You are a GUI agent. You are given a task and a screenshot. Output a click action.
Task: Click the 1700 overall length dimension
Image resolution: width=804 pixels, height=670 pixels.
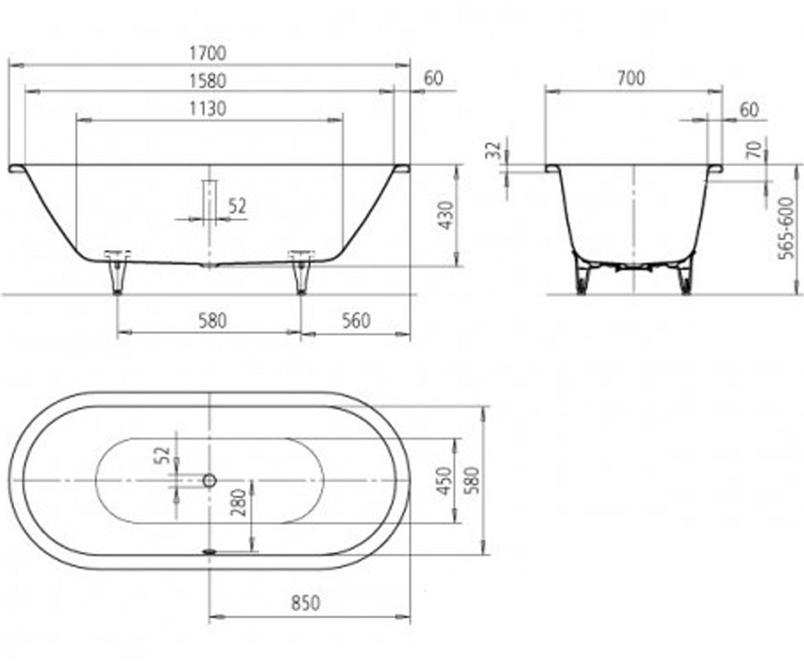208,53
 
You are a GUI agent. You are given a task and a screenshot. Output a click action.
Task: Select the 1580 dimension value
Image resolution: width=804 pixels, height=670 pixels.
208,81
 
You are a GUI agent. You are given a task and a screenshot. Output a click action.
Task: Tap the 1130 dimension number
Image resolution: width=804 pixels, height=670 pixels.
208,109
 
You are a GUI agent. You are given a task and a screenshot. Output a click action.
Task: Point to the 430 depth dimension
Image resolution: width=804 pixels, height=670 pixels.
446,215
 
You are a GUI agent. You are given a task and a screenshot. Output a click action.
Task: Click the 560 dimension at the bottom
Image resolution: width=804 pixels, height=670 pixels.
356,320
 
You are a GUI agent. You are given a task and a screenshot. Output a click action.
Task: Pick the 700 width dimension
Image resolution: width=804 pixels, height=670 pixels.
631,78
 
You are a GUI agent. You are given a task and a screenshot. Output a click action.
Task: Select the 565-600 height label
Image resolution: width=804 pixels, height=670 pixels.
785,228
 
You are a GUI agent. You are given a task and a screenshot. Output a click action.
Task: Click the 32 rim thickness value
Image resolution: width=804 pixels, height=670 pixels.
494,150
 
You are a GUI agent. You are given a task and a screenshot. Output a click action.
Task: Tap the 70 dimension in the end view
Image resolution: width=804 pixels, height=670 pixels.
754,149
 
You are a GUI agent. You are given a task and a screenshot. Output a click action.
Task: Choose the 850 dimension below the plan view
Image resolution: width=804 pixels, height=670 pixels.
306,603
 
